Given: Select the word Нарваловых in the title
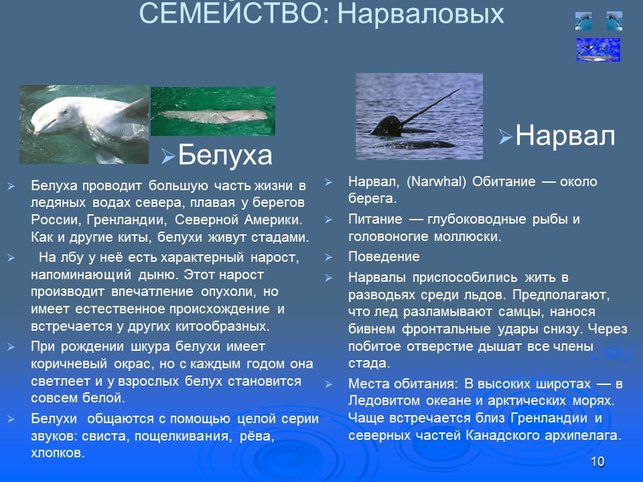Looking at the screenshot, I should point(420,13).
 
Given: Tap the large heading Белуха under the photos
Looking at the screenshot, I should point(226,155).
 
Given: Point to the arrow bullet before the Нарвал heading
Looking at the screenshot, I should point(506,138).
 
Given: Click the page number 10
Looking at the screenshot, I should point(598,462).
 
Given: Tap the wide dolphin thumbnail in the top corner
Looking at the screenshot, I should point(598,50).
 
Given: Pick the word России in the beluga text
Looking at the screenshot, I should point(56,220).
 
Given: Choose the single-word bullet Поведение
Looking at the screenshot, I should point(384,256).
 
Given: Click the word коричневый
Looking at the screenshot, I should point(64,364).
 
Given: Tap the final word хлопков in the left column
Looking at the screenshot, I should point(58,453).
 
